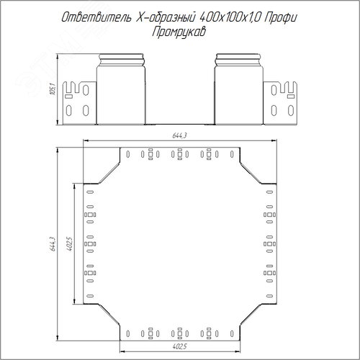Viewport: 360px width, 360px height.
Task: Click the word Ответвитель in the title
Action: click(x=96, y=17)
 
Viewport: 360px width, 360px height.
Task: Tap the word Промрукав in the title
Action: click(x=179, y=32)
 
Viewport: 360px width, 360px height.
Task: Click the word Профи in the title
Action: click(x=281, y=18)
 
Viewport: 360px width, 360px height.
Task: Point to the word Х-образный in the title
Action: click(x=165, y=17)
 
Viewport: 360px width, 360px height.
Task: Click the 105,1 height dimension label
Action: click(x=53, y=89)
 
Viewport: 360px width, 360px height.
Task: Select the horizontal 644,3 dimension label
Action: click(x=179, y=135)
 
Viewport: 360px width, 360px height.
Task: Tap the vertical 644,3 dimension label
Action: click(x=53, y=244)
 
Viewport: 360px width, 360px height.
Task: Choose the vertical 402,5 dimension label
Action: click(x=69, y=244)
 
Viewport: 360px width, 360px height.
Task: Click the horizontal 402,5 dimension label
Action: click(x=179, y=346)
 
